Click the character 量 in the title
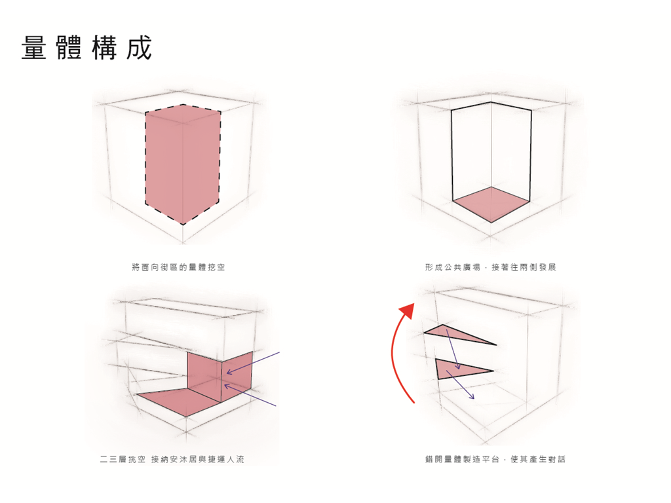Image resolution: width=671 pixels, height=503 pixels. click(x=34, y=47)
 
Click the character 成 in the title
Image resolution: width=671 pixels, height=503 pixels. click(x=139, y=47)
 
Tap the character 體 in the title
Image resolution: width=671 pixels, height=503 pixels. click(x=69, y=47)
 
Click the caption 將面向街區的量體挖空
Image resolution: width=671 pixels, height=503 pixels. click(x=178, y=267)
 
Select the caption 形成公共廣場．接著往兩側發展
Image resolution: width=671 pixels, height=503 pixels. click(x=490, y=267)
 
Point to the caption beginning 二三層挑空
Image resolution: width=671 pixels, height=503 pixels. click(x=172, y=459)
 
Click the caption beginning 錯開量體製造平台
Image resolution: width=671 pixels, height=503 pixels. click(x=495, y=459)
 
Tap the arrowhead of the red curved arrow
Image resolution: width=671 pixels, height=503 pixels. click(x=408, y=310)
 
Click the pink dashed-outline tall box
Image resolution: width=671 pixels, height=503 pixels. click(x=183, y=164)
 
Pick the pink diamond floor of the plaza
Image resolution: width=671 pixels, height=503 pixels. click(x=491, y=204)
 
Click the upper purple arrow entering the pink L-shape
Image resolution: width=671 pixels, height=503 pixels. click(x=253, y=363)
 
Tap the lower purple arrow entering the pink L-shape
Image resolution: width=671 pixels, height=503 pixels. click(x=250, y=395)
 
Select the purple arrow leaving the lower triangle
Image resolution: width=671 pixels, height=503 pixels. click(x=461, y=385)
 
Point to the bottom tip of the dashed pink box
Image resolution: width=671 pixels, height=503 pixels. click(x=183, y=225)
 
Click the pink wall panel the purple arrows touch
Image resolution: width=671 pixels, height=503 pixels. click(x=237, y=377)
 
